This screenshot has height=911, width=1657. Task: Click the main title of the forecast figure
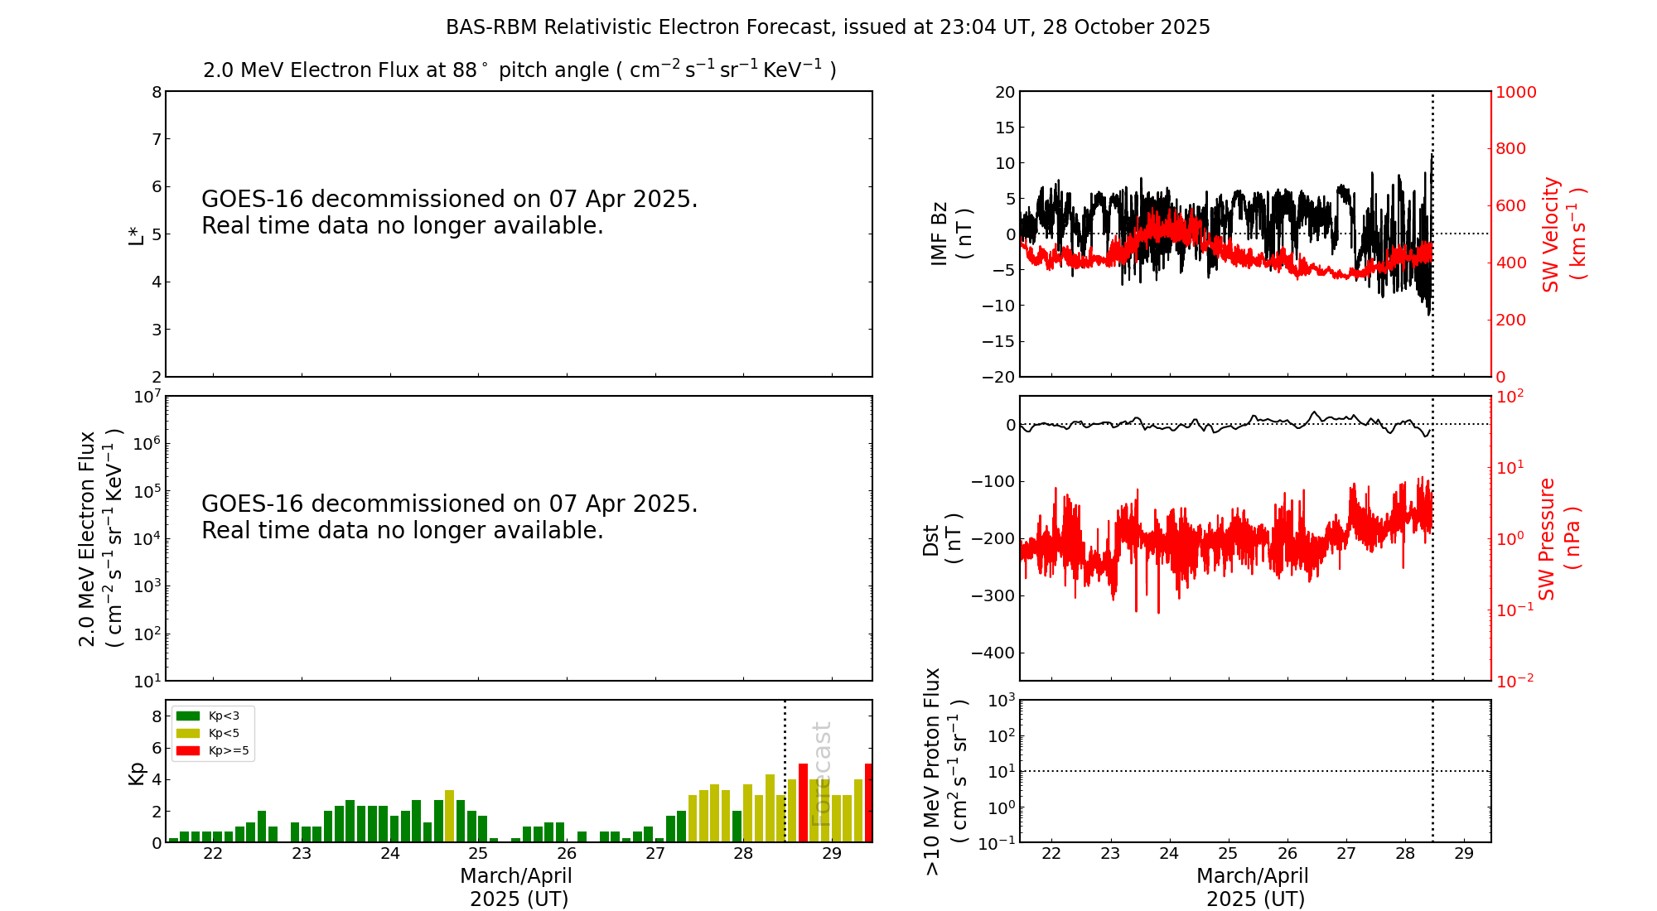[828, 27]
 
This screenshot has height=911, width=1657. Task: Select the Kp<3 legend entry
[212, 716]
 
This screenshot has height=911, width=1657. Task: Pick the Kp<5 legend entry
[212, 733]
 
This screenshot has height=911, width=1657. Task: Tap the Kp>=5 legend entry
[212, 751]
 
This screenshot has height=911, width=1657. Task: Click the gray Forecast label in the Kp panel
[820, 774]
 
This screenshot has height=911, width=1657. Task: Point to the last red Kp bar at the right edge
[868, 803]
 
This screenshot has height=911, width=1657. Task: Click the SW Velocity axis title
[1563, 234]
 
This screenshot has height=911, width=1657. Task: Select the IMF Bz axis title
[950, 234]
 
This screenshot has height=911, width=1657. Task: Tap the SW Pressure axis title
[1558, 538]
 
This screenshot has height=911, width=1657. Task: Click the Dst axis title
[942, 538]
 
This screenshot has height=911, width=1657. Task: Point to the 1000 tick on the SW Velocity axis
[1515, 92]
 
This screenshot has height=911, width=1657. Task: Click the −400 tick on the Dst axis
[993, 653]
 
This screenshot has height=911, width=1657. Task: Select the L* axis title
[136, 234]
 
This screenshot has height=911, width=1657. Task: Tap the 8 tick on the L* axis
[156, 92]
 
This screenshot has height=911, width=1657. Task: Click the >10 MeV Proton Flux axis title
[944, 772]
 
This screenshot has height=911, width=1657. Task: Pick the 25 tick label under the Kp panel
[478, 854]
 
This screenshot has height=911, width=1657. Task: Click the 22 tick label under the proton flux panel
[1051, 854]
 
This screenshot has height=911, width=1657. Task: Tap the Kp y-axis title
[136, 773]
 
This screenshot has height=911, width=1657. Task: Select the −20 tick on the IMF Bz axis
[998, 377]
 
